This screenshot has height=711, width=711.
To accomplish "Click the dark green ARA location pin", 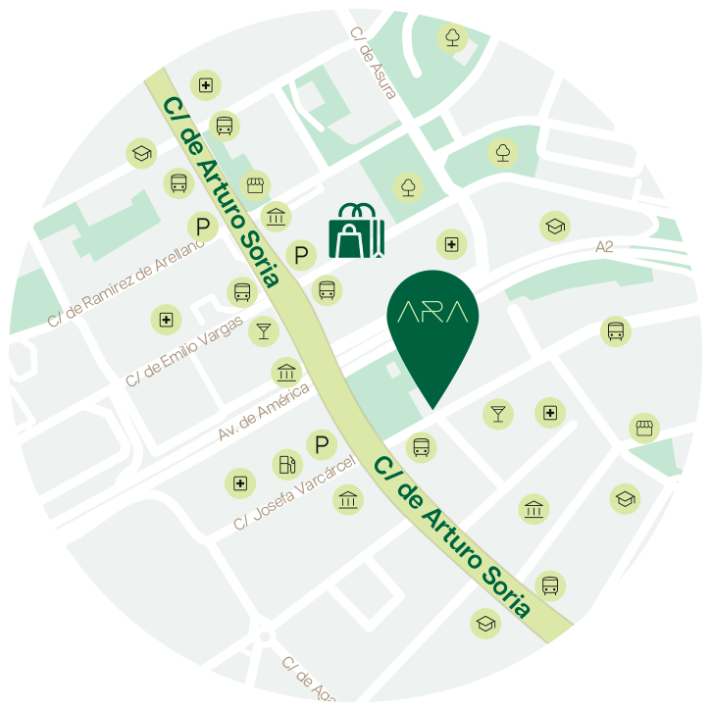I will click(x=432, y=324).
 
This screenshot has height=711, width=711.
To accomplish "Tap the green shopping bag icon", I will click(x=356, y=232).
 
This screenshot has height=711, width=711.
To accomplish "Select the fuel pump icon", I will click(x=286, y=464).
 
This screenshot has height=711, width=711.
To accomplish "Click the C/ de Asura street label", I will click(x=374, y=63).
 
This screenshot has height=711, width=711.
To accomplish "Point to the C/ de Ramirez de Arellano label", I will click(x=126, y=282).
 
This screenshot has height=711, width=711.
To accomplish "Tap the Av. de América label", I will click(x=264, y=411).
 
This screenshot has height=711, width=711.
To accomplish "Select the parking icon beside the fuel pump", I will click(x=321, y=445).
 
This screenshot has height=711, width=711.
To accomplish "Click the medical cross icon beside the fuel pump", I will click(x=239, y=482).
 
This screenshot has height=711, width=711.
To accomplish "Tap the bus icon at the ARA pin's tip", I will click(x=422, y=448).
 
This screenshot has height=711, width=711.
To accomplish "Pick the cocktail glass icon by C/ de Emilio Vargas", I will click(x=263, y=330).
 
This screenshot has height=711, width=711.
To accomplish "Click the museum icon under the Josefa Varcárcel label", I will click(x=348, y=500).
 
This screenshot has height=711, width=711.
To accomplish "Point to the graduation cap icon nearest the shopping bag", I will click(x=555, y=227).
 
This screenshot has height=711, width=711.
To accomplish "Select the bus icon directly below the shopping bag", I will click(x=327, y=290).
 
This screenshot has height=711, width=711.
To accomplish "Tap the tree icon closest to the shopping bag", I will click(x=408, y=186).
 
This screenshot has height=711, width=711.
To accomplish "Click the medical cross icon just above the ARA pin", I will click(x=451, y=244).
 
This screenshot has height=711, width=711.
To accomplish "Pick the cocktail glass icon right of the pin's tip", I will click(x=498, y=414).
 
